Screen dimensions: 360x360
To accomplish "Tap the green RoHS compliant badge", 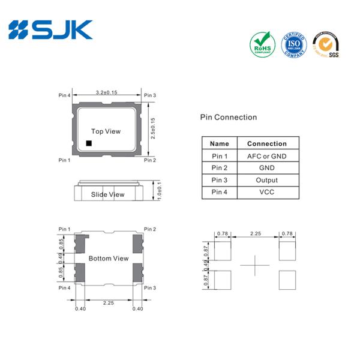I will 261,45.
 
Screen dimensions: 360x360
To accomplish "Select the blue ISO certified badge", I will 293,45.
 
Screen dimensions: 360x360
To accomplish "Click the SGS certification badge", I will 326,45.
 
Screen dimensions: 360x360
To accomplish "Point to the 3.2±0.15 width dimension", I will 106,93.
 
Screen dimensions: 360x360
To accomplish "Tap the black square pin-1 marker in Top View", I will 88,143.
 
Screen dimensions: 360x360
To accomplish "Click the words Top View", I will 106,131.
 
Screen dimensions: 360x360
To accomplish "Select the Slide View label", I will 107,194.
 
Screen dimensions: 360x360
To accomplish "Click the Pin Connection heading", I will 228,118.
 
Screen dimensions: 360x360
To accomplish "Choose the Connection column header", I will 266,144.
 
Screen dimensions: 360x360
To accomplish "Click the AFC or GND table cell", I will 266,156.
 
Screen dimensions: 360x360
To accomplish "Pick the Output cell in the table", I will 266,180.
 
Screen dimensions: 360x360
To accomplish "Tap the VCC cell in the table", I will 266,192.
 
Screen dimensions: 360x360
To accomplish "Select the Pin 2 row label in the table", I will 220,168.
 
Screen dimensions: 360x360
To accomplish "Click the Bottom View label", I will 108,259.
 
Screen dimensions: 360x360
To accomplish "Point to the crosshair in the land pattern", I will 255,266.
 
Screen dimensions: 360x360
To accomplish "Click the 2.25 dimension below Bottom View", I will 108,304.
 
